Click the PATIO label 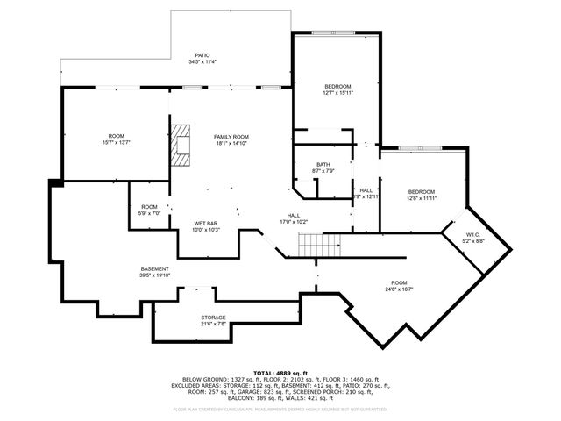point(202,54)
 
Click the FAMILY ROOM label point(232,137)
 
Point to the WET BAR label point(205,224)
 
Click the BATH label point(323,164)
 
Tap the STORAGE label point(213,318)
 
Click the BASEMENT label point(154,268)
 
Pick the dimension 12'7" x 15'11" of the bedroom point(337,94)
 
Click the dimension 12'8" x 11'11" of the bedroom point(421,198)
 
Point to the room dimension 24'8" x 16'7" point(400,289)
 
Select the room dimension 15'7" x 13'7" point(117,143)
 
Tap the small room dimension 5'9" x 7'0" point(150,213)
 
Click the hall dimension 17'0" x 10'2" point(295,222)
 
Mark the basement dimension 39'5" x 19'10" point(154,275)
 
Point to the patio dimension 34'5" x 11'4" point(202,61)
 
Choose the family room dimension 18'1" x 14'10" point(232,144)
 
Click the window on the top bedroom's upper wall point(336,34)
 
